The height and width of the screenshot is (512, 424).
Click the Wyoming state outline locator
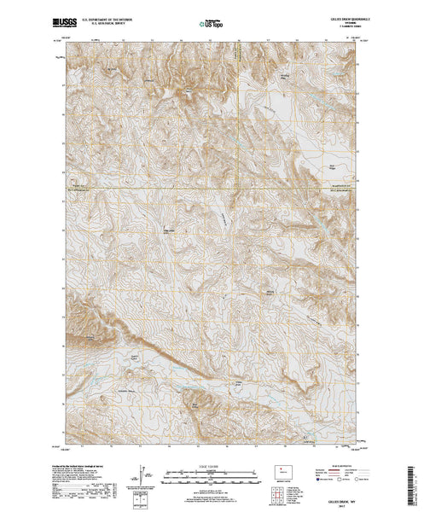pos(283,470)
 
